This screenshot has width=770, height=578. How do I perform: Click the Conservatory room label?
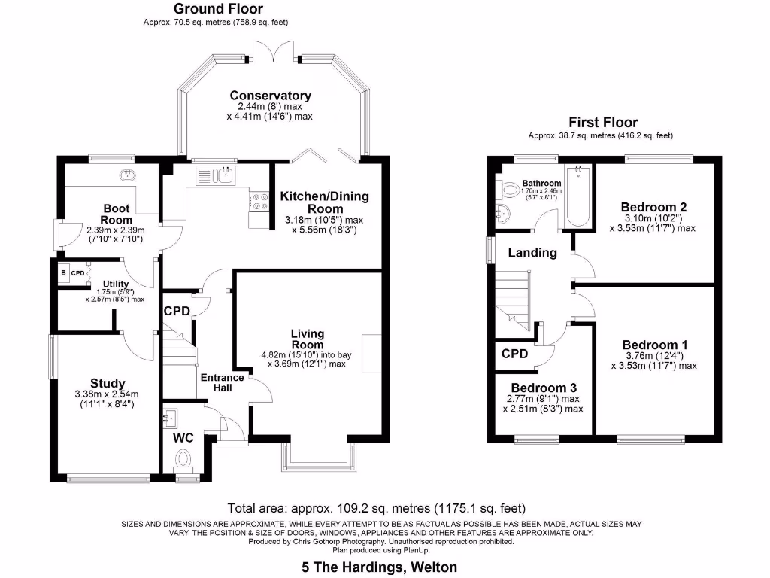pos(270,96)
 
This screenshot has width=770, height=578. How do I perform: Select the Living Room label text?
pos(308,339)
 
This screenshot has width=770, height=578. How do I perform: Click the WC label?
pos(183,437)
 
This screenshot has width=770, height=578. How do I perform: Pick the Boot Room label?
pos(117,214)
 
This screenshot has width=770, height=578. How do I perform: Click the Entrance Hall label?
pos(222,382)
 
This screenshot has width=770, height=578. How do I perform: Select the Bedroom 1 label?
pos(653,345)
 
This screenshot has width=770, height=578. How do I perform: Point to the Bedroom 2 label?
pos(653,207)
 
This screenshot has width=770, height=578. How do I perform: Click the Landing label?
pos(532,253)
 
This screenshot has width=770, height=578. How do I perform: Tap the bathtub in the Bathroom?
pos(578,196)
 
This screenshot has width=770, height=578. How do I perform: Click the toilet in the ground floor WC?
pos(183,458)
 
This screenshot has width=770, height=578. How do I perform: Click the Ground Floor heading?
pos(218,9)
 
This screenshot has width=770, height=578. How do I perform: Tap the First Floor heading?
pos(603,122)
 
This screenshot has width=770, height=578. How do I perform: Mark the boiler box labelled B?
pos(64,272)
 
